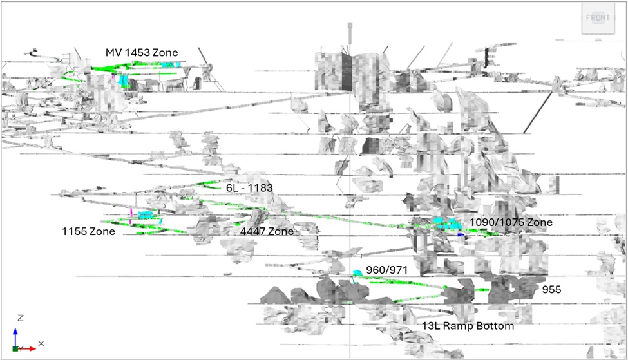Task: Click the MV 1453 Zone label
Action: [x=142, y=52]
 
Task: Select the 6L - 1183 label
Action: [x=249, y=188]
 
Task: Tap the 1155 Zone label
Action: [x=88, y=231]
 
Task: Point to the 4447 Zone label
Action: [x=267, y=231]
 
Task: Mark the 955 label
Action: [x=551, y=290]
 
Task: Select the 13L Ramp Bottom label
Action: [x=468, y=326]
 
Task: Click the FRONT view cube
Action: [x=598, y=18]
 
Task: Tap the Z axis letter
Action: [x=21, y=318]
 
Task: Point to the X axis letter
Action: [x=41, y=344]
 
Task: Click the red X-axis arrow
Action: [x=28, y=348]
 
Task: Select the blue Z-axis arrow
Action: [x=15, y=337]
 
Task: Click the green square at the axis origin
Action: [x=15, y=348]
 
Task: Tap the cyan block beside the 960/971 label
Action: [x=357, y=274]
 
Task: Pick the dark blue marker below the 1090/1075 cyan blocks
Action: [x=461, y=235]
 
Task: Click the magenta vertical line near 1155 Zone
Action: [x=131, y=216]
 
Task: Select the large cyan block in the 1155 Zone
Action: [x=146, y=214]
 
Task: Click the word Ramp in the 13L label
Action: [x=458, y=326]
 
